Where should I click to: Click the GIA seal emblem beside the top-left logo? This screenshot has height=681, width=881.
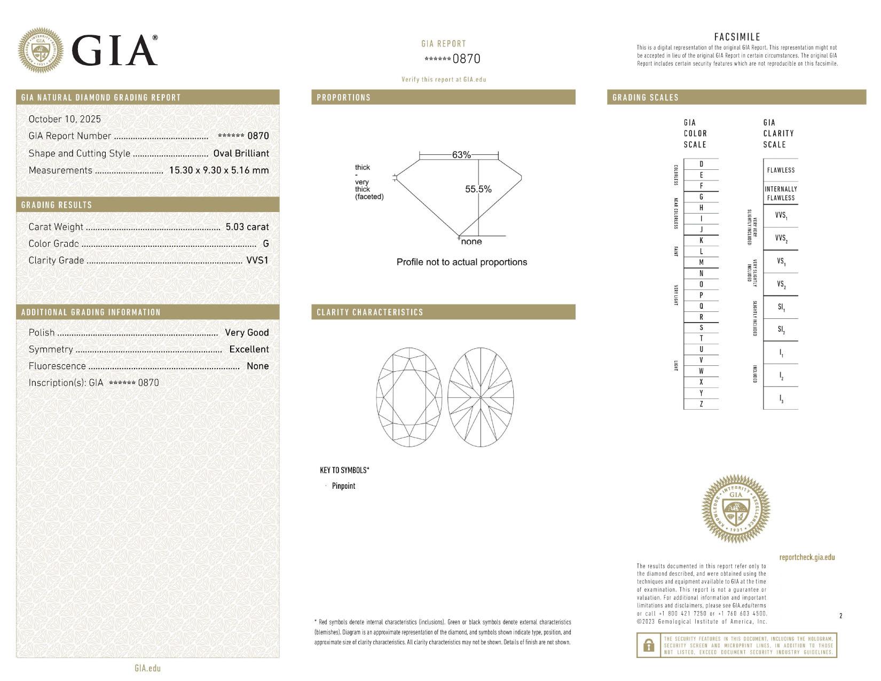click(40, 50)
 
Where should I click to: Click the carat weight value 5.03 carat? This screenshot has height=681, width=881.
click(247, 226)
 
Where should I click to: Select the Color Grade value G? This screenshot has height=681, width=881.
click(265, 244)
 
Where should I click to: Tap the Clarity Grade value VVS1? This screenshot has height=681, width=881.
click(257, 260)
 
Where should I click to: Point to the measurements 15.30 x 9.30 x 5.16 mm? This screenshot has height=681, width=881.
click(218, 170)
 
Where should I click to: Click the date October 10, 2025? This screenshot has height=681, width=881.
click(65, 119)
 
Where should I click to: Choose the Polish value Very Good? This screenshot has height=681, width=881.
click(247, 332)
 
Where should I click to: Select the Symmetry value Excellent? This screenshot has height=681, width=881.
click(249, 349)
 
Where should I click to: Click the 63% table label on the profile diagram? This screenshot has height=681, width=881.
click(461, 155)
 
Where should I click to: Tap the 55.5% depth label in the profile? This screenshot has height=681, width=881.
click(478, 189)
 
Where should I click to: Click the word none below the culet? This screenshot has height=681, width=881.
click(471, 242)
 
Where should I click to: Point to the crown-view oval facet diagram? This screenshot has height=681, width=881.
click(409, 397)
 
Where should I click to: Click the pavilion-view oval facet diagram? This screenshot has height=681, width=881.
click(481, 397)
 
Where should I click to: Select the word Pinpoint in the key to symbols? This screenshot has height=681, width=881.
click(343, 486)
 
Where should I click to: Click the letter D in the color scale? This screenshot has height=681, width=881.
click(701, 164)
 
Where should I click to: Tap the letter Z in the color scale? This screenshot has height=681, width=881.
click(701, 404)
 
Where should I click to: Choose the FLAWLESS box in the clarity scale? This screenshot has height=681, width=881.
click(781, 170)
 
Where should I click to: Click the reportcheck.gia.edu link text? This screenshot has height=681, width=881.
click(807, 557)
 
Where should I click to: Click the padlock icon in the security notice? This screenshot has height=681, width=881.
click(649, 645)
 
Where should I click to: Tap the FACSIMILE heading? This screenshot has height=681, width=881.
click(737, 37)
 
